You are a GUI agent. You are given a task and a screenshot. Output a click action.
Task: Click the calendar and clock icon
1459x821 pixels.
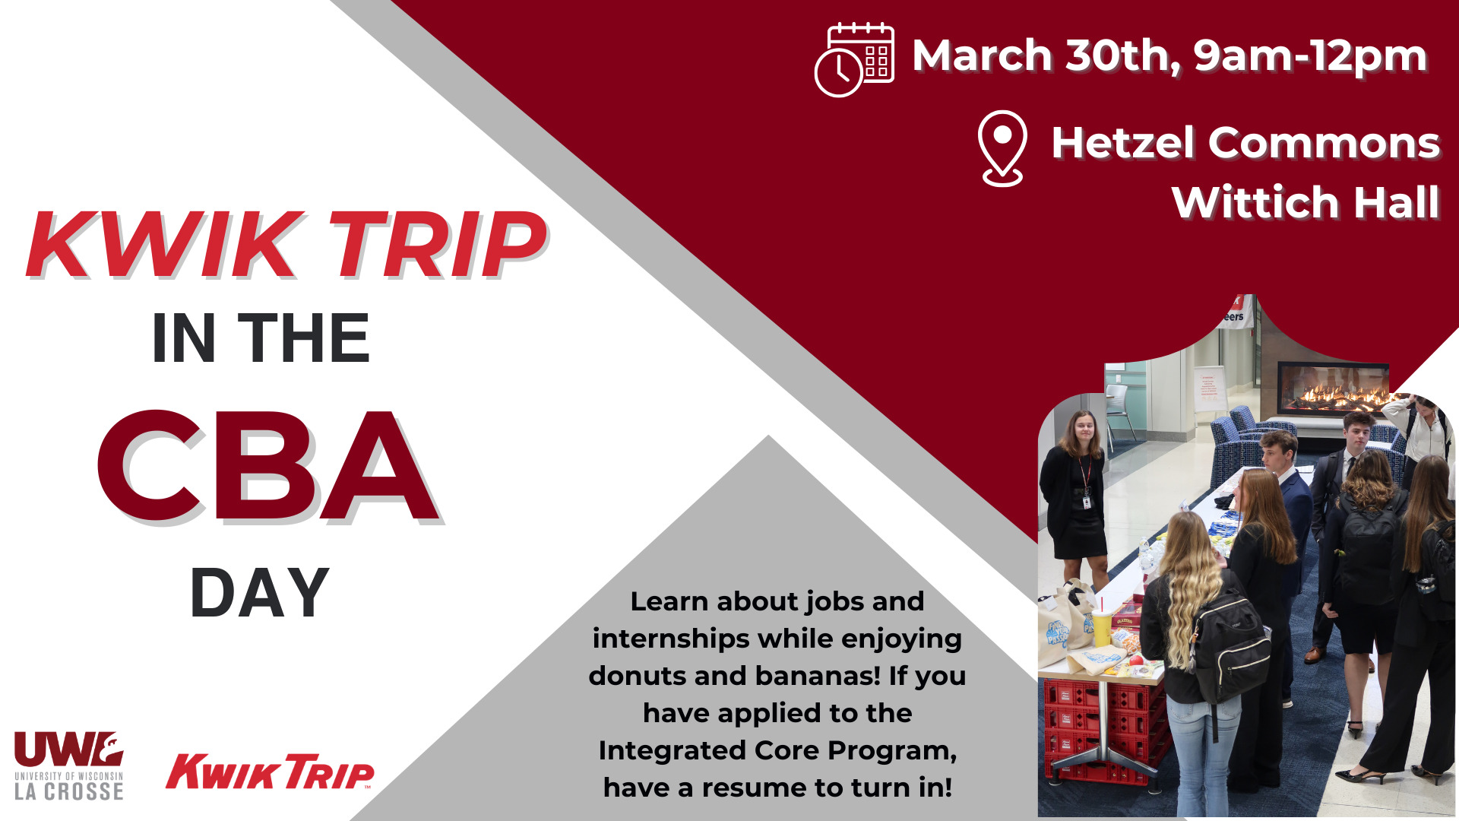pos(854,59)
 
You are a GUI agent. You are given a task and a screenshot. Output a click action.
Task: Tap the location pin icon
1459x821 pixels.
pos(1002,148)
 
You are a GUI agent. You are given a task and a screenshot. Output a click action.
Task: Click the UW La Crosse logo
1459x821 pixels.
pos(68,766)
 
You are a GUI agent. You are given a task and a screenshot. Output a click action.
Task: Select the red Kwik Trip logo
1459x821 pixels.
pos(270,772)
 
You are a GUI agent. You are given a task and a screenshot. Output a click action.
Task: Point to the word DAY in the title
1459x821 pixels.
pos(259,593)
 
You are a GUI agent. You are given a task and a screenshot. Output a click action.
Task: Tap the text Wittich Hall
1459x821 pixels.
pos(1306,202)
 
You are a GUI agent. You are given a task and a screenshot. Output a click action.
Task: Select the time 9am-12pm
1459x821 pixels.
pos(1309,56)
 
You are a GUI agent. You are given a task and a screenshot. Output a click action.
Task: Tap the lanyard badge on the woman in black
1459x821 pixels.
pos(1087,502)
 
